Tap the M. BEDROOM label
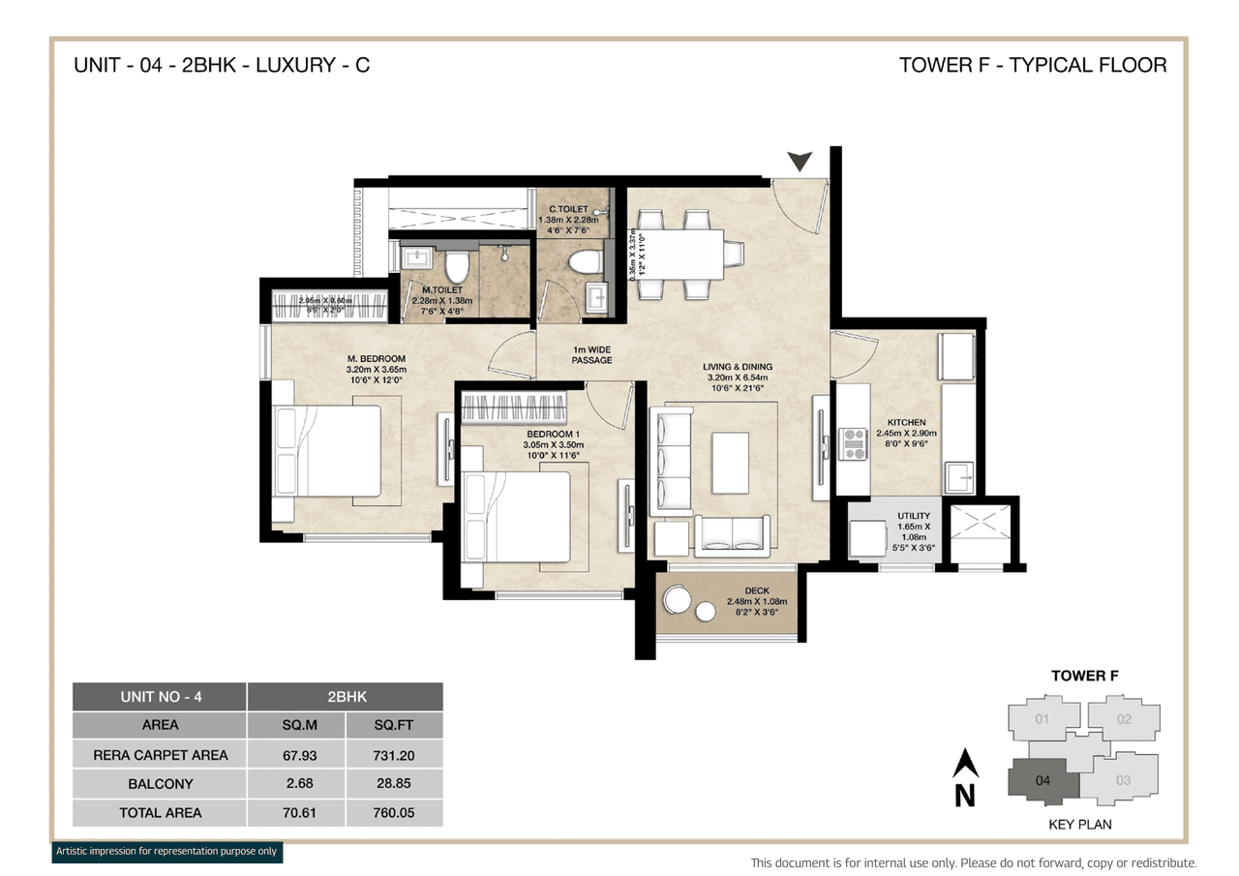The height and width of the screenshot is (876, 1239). point(377,359)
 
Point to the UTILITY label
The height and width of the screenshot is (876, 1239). point(914,516)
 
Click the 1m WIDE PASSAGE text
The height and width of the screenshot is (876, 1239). point(591,354)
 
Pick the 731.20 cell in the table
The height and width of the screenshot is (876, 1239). point(394,755)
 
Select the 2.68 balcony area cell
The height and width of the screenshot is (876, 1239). point(296,784)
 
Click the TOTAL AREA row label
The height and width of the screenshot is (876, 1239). point(160,813)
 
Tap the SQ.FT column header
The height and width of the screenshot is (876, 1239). point(394,725)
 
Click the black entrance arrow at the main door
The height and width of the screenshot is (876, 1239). point(800,161)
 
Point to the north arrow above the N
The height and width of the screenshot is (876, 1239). point(965,765)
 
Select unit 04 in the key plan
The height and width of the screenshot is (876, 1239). point(1042,780)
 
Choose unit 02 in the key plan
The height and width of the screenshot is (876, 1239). point(1123,719)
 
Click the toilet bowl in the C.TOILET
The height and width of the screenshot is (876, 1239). point(583,261)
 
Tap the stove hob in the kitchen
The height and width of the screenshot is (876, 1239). point(854,443)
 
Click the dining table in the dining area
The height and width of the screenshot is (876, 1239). point(682,253)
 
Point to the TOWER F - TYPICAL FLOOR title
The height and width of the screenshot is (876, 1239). point(1032,65)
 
